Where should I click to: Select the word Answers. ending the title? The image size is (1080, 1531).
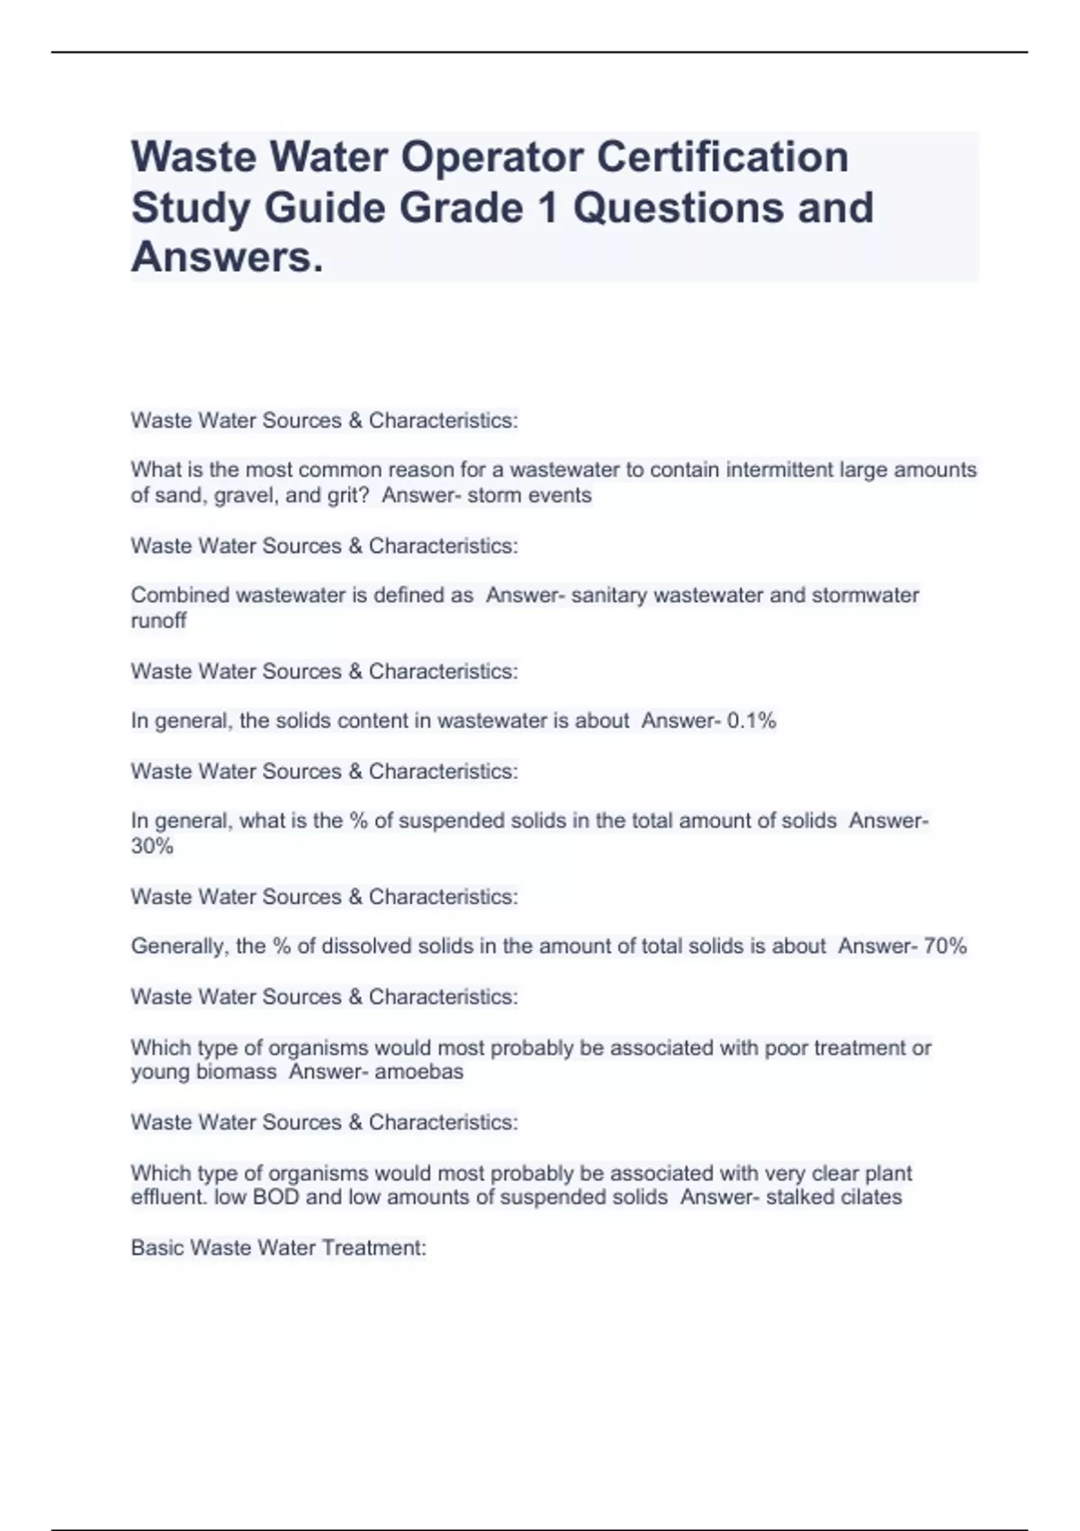(x=227, y=258)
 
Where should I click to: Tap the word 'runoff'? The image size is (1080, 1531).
(x=158, y=621)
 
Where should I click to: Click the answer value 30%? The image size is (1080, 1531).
(x=152, y=847)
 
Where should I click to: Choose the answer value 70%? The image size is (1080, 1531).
(x=945, y=947)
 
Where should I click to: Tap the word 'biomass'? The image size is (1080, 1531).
(x=239, y=1072)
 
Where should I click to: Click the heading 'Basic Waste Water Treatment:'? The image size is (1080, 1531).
(x=278, y=1247)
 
